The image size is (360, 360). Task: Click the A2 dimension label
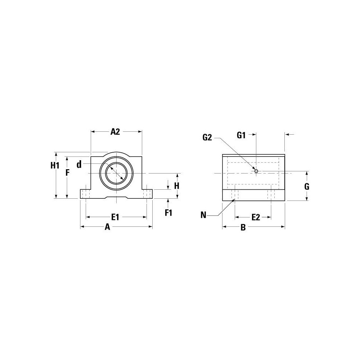[x=115, y=132]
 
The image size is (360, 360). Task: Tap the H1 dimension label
[x=55, y=166]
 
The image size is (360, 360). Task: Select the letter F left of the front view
[x=67, y=172]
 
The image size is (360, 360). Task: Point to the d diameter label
[x=79, y=165]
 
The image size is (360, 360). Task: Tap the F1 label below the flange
[x=168, y=212]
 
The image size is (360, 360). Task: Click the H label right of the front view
[x=177, y=186]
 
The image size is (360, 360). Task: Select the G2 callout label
[x=208, y=137]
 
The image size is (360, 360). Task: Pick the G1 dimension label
[x=241, y=136]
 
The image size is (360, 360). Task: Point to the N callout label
[x=204, y=215]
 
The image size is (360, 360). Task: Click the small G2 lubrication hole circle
[x=256, y=171]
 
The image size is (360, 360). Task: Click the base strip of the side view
[x=253, y=195]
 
